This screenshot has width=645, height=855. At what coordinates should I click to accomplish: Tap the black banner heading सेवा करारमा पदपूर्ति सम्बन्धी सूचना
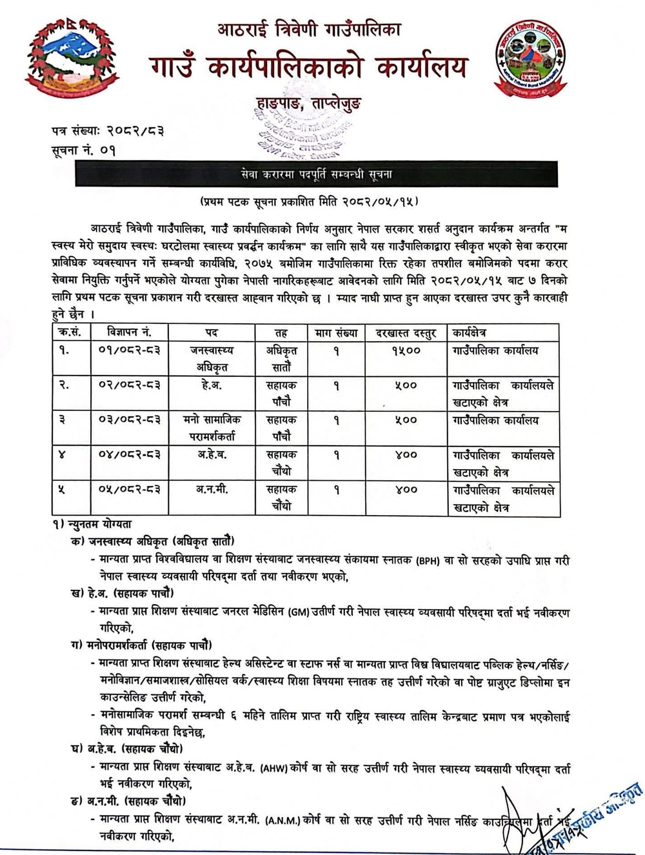point(316,174)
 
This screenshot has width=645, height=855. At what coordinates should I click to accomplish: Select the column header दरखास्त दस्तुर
point(406,333)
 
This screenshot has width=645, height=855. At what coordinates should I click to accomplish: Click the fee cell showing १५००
point(406,350)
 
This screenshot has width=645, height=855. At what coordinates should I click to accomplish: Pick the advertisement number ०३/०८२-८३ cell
point(129,420)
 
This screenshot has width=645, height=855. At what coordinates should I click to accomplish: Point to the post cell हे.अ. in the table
point(212,385)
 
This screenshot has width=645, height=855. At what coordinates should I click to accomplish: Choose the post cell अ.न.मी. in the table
point(212,490)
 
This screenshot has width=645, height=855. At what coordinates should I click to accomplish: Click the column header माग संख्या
point(336,333)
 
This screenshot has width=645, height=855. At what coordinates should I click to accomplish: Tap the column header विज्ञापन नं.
point(129,332)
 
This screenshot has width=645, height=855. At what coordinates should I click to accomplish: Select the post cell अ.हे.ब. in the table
point(212,455)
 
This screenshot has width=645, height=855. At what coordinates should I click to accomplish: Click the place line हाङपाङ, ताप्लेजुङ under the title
point(308,103)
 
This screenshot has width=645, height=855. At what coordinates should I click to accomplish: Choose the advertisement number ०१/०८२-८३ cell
point(129,350)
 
